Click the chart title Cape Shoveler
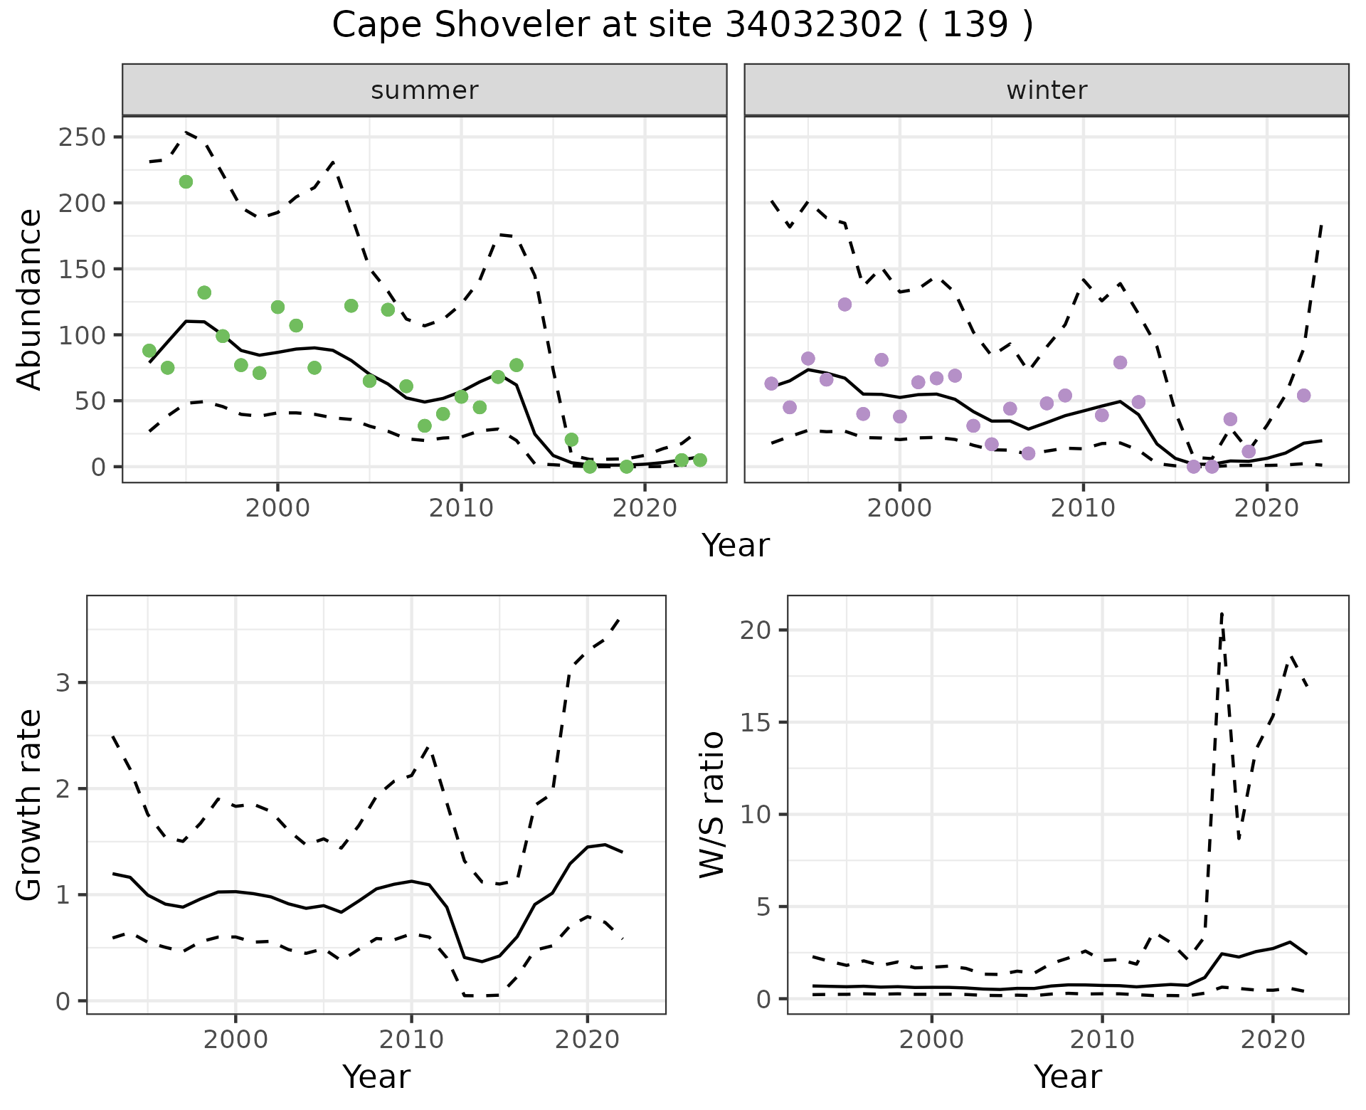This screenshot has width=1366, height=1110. click(x=682, y=26)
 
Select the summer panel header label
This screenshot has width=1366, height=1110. click(x=425, y=90)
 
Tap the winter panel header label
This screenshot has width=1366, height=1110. click(x=1047, y=90)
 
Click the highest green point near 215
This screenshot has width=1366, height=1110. click(x=186, y=182)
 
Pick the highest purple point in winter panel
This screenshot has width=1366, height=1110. click(x=845, y=305)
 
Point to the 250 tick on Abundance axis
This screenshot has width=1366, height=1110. click(x=82, y=137)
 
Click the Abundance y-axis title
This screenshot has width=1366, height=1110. click(x=30, y=299)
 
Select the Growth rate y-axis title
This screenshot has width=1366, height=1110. click(x=30, y=805)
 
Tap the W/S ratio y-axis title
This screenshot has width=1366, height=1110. click(x=712, y=805)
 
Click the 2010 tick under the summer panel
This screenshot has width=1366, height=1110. click(x=461, y=508)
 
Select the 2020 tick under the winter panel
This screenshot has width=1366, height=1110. click(x=1266, y=508)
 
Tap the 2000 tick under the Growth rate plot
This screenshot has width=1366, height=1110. click(x=235, y=1040)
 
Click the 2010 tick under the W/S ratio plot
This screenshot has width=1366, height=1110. click(x=1102, y=1040)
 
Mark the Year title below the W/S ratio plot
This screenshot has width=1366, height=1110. click(x=1068, y=1077)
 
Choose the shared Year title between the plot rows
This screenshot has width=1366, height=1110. click(x=736, y=546)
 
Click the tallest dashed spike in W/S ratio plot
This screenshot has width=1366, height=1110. click(x=1222, y=613)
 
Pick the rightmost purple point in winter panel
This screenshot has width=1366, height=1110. click(x=1303, y=396)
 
